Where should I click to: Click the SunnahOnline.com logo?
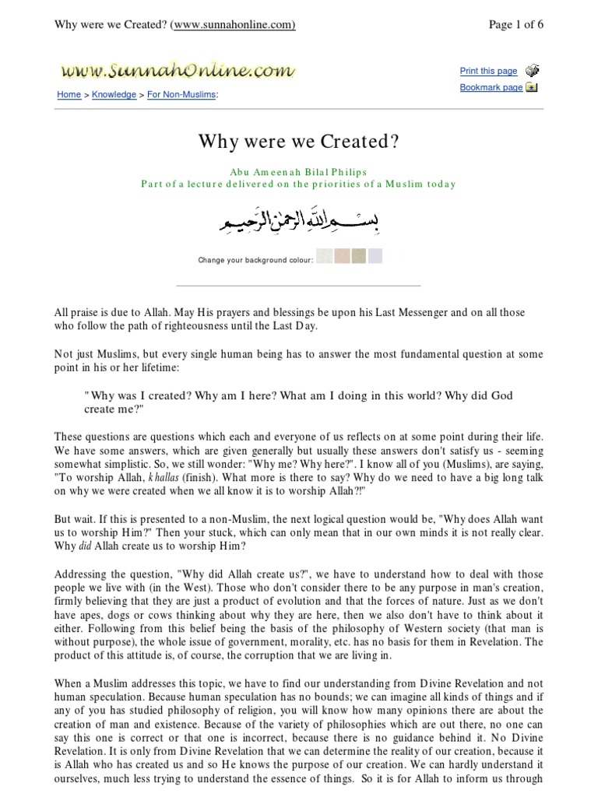(x=178, y=71)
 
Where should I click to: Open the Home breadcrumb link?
(x=69, y=94)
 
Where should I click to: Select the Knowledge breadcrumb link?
(x=114, y=94)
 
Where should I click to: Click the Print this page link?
(x=488, y=71)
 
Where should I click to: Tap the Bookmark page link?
(x=491, y=88)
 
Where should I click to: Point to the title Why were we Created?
(x=299, y=142)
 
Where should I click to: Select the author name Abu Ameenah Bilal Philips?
(x=299, y=172)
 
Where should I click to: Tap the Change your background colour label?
(x=255, y=259)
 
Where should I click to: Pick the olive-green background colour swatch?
(x=358, y=256)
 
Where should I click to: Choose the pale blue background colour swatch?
(x=375, y=256)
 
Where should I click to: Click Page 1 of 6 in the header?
(x=515, y=24)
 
